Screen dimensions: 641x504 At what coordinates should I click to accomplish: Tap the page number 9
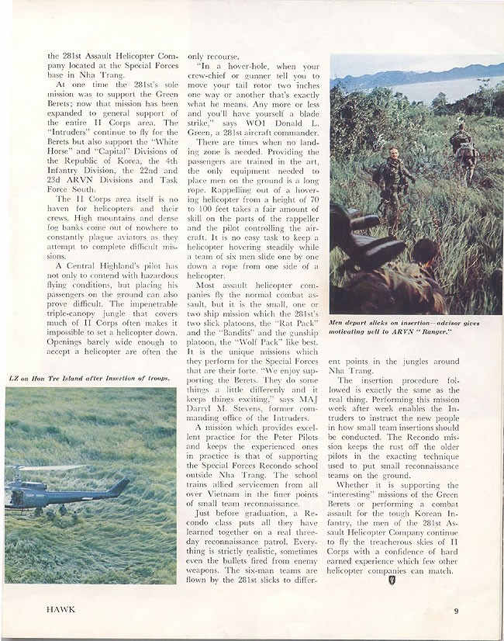click(x=457, y=610)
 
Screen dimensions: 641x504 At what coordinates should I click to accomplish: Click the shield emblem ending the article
click(x=392, y=580)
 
